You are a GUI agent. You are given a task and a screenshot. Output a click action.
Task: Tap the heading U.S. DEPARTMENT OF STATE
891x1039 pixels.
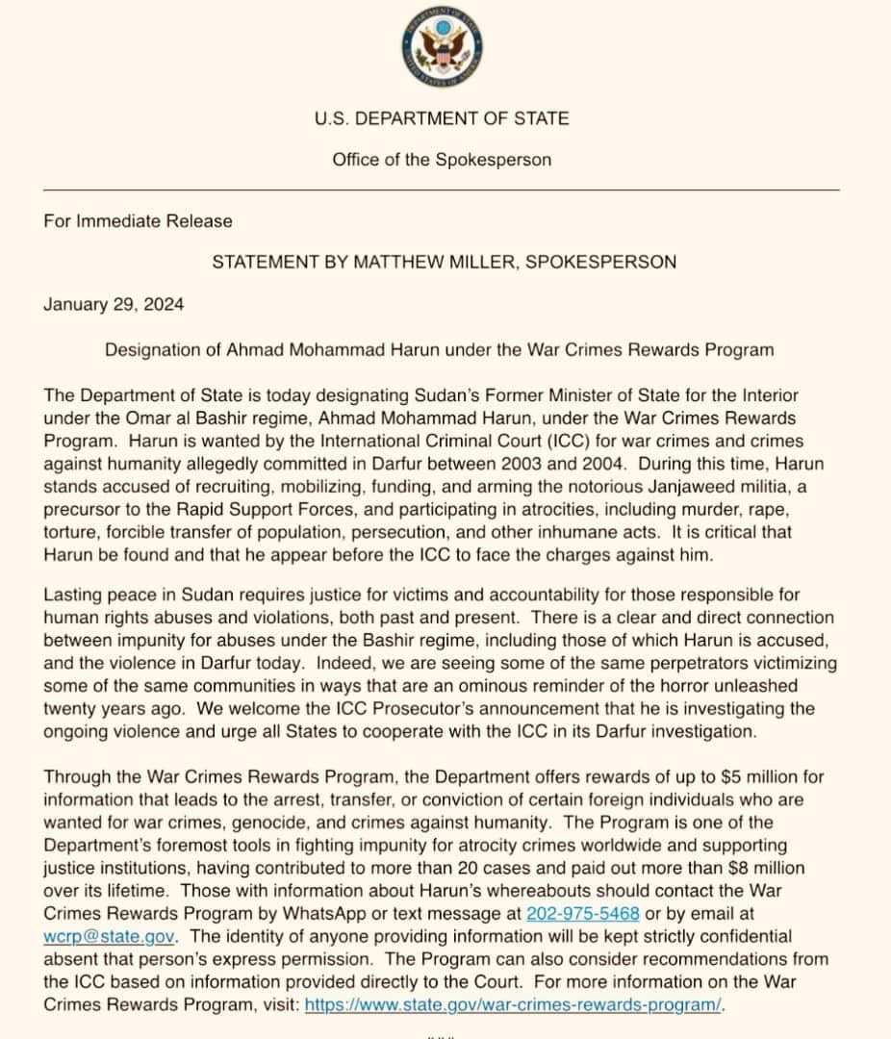(442, 118)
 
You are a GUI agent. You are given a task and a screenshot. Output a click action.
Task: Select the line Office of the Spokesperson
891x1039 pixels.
(442, 160)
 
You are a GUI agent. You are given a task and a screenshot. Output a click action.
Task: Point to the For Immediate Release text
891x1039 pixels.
(138, 221)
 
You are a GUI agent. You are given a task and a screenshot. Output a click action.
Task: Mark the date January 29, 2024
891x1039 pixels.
(114, 304)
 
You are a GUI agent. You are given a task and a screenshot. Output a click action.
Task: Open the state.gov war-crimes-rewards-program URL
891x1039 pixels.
(513, 1004)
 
